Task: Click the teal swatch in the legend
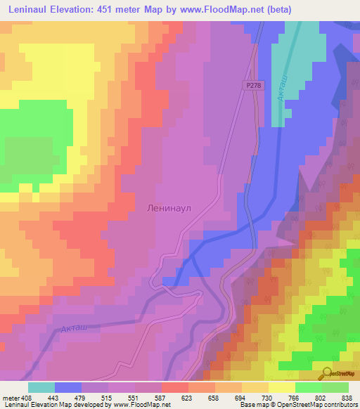click(41, 387)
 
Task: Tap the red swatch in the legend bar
click(175, 387)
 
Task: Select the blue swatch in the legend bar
click(68, 387)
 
